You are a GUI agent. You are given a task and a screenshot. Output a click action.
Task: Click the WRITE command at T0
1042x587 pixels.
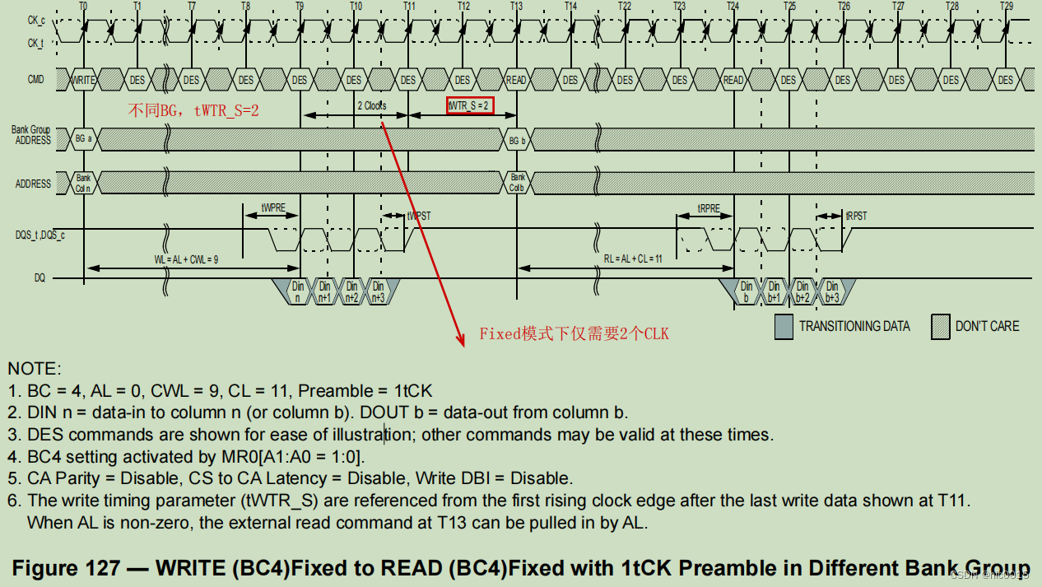click(83, 80)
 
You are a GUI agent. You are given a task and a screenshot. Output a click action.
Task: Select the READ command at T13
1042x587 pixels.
click(516, 80)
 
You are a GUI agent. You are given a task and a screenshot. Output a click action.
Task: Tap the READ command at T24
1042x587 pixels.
click(733, 80)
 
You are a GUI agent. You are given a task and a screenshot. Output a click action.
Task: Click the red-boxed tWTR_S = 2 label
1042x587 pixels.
click(470, 105)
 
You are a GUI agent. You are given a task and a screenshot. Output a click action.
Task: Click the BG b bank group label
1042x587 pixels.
click(516, 140)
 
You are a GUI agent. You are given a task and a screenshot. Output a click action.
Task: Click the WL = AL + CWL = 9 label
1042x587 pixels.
click(186, 259)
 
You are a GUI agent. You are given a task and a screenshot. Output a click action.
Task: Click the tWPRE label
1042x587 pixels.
click(273, 208)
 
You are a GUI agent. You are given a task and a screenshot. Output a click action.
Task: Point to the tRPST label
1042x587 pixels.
click(856, 216)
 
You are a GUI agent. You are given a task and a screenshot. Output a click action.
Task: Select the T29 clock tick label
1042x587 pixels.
click(1006, 6)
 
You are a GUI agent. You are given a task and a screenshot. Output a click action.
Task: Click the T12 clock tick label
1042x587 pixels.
click(463, 6)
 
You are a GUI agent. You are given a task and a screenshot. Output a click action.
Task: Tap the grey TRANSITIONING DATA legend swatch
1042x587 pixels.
click(784, 327)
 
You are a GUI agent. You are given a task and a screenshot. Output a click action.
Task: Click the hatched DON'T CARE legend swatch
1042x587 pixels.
click(939, 327)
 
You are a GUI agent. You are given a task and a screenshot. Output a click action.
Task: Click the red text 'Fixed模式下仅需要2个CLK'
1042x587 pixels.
click(574, 333)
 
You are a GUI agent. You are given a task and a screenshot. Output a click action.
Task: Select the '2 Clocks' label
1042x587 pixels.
click(371, 105)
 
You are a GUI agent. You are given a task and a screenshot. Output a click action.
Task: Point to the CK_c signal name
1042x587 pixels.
click(35, 18)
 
